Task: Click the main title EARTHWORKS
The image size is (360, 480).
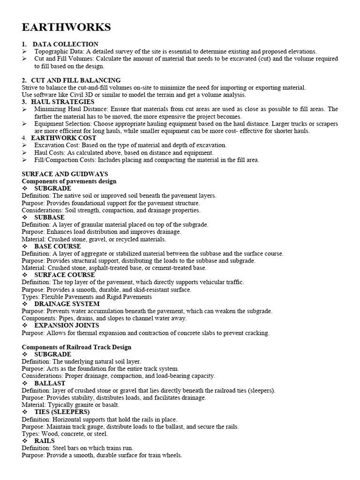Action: (x=66, y=28)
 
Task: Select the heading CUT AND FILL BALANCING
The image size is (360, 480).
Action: (x=76, y=80)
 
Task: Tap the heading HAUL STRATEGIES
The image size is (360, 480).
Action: (x=63, y=102)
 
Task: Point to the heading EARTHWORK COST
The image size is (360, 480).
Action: (x=64, y=138)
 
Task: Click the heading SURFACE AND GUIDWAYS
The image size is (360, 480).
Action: (x=65, y=174)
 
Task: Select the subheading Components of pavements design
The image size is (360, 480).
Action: (x=69, y=181)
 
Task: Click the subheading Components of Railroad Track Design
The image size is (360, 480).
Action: (x=77, y=347)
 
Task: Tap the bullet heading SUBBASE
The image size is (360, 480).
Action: (x=49, y=217)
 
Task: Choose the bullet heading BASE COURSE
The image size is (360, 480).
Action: (x=58, y=246)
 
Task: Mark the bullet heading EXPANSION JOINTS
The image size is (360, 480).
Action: (x=67, y=325)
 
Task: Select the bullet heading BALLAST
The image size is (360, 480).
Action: (x=50, y=383)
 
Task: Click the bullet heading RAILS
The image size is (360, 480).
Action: (x=45, y=441)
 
